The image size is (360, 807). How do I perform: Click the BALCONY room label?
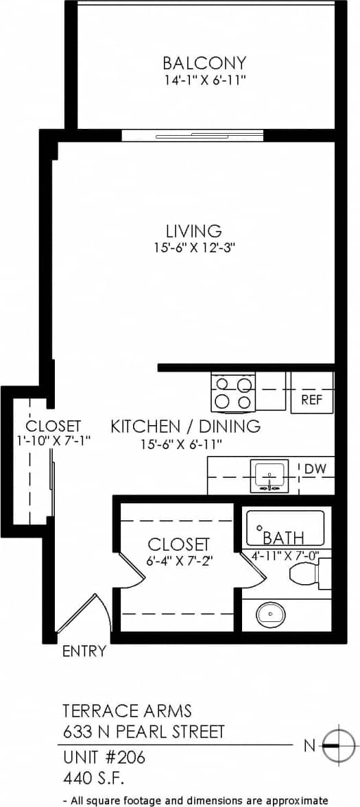pos(204,64)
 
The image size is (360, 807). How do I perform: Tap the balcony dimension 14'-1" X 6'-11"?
pos(204,80)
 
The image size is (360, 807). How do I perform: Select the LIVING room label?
pos(193,230)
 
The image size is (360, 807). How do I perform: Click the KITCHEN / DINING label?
pos(186,426)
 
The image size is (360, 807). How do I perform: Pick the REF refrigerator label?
pos(312,400)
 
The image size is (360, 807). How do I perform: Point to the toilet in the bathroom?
pos(307,573)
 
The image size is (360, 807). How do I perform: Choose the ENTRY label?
pos(84,651)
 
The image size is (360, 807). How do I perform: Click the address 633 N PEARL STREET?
pos(143,732)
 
